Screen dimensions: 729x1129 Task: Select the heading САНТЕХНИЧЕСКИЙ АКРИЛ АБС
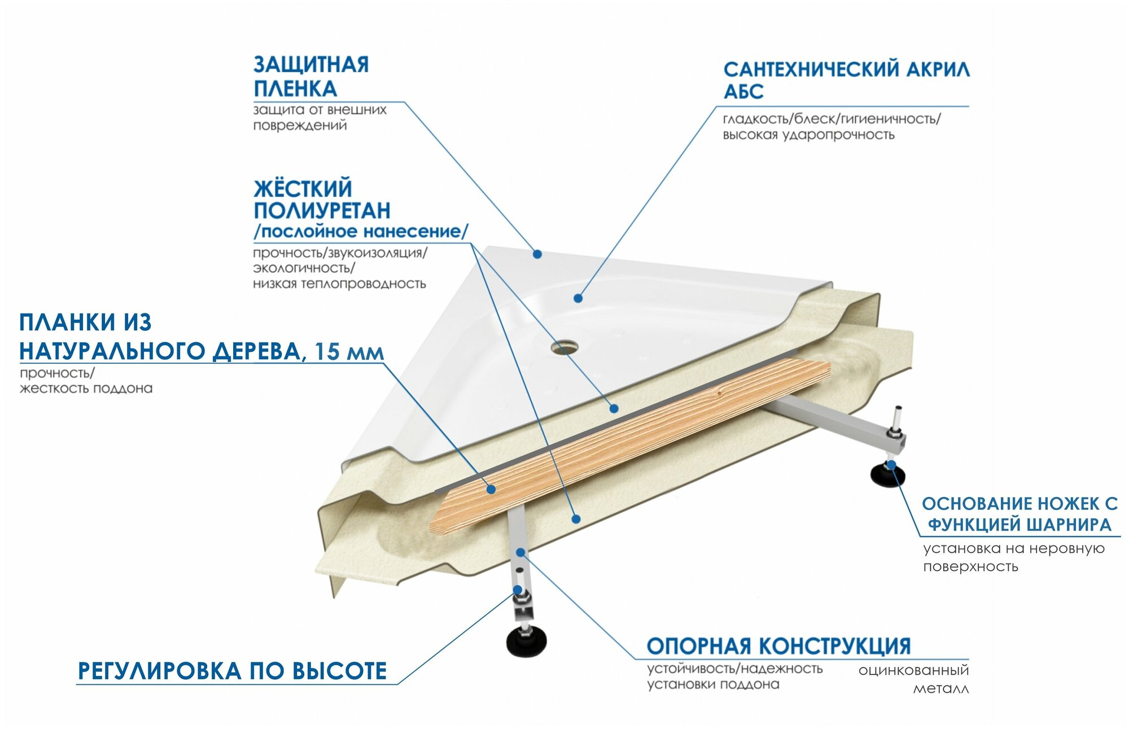click(846, 80)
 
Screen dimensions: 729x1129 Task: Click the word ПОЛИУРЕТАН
click(322, 211)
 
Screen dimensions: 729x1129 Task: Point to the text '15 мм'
click(349, 352)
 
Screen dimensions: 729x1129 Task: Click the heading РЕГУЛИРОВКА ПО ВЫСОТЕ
click(232, 671)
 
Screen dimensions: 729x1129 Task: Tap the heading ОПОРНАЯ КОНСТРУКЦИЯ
click(778, 646)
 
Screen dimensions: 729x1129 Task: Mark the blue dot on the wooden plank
click(491, 489)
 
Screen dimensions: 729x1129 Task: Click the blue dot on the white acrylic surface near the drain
click(578, 298)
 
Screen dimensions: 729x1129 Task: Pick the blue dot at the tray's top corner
click(537, 255)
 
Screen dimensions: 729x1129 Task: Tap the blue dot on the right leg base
click(891, 465)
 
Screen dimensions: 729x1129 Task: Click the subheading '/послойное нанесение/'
click(361, 232)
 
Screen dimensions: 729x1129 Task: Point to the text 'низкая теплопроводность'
click(339, 283)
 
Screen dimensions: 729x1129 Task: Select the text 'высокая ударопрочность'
click(808, 135)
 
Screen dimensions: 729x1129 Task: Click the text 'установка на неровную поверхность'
click(1013, 557)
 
